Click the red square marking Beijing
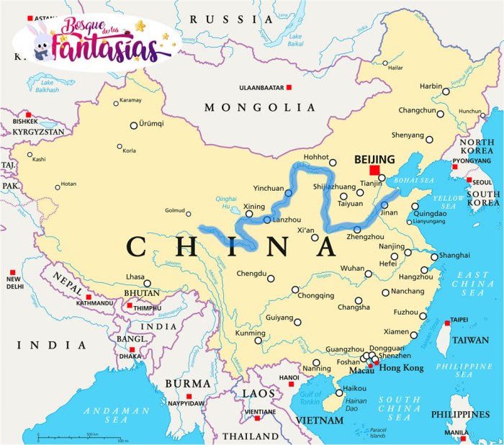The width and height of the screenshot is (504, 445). pyautogui.click(x=374, y=171)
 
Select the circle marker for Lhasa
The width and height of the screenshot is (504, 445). pyautogui.click(x=148, y=283)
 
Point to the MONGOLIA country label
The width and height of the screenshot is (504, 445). pyautogui.click(x=260, y=107)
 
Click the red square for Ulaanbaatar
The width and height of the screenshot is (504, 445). pyautogui.click(x=289, y=88)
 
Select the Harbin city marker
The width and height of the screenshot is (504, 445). pyautogui.click(x=446, y=91)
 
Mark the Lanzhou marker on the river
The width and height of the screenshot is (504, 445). pyautogui.click(x=267, y=220)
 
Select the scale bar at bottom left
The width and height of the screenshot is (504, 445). pyautogui.click(x=83, y=436)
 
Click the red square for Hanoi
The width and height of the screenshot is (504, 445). pyautogui.click(x=292, y=385)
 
